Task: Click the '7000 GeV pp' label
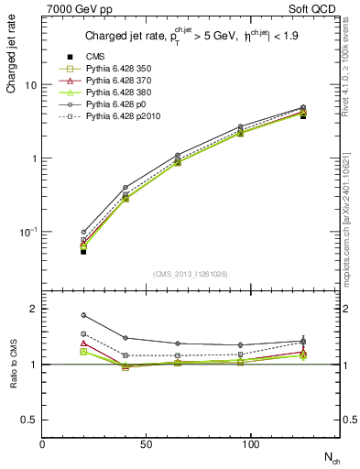pos(75,9)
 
